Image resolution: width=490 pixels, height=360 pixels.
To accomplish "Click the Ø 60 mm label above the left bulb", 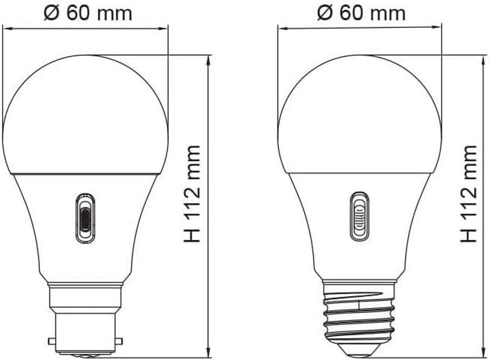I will [88, 13].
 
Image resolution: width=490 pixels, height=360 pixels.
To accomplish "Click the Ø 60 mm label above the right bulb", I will [361, 13].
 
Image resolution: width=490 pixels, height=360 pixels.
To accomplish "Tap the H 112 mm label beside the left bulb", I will [192, 194].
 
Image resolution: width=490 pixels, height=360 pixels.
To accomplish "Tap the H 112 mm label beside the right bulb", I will [469, 194].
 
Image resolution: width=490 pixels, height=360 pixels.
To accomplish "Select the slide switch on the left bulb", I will [85, 218].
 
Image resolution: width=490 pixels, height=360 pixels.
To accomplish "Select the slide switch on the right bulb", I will [359, 216].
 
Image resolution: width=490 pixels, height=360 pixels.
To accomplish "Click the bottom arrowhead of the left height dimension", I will [208, 353].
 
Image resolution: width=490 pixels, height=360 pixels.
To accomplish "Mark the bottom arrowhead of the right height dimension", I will [485, 353].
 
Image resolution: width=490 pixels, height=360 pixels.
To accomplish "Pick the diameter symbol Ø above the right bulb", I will [325, 13].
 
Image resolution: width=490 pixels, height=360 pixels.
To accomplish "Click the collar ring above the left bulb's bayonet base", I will [85, 284].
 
